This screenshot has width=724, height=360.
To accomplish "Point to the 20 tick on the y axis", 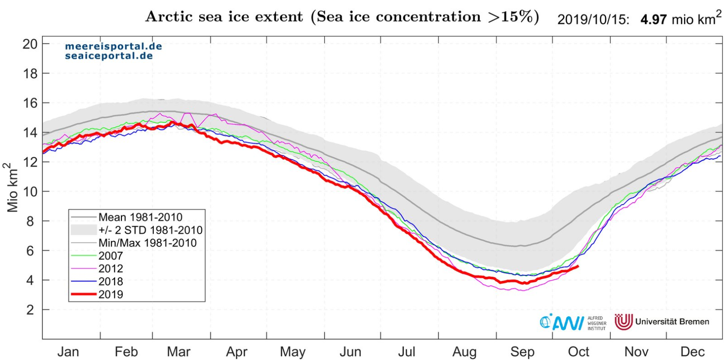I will [x=30, y=44].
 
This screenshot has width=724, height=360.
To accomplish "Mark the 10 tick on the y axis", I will [x=30, y=191].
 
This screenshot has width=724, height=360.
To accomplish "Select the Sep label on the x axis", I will [x=522, y=352].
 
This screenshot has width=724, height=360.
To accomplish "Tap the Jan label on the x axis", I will [x=68, y=352].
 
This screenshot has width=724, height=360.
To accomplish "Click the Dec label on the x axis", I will [x=692, y=352].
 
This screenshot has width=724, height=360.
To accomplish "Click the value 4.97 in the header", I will [x=653, y=20].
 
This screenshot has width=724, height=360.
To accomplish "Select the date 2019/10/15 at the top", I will [x=593, y=20].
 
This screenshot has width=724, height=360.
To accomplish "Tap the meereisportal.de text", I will [x=113, y=46].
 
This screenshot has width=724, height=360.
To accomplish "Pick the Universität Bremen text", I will [x=672, y=322].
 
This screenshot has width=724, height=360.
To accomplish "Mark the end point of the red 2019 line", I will [x=577, y=267].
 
